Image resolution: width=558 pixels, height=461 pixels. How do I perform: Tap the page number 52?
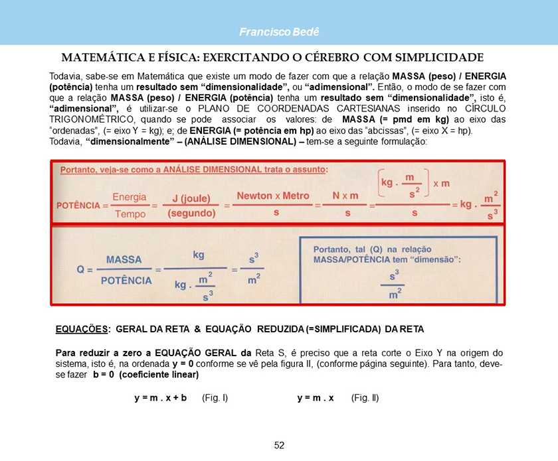[x=279, y=445]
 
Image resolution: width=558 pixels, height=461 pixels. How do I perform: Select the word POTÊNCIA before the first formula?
[x=77, y=206]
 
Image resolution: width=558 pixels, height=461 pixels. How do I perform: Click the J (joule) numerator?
[x=191, y=198]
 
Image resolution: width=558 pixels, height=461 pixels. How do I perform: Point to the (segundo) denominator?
[x=191, y=214]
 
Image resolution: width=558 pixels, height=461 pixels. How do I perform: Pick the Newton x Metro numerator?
[x=273, y=196]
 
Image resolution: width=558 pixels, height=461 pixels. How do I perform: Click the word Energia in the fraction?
[x=130, y=197]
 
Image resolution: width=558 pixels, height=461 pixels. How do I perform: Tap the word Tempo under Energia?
[x=130, y=214]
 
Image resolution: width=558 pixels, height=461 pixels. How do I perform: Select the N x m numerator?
[x=345, y=196]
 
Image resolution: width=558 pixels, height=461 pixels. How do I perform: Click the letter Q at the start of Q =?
[x=81, y=270]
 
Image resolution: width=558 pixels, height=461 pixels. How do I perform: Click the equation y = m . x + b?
[x=161, y=398]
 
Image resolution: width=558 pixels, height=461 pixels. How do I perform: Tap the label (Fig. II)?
[x=365, y=398]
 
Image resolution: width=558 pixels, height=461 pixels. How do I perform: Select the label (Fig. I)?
[x=215, y=398]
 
